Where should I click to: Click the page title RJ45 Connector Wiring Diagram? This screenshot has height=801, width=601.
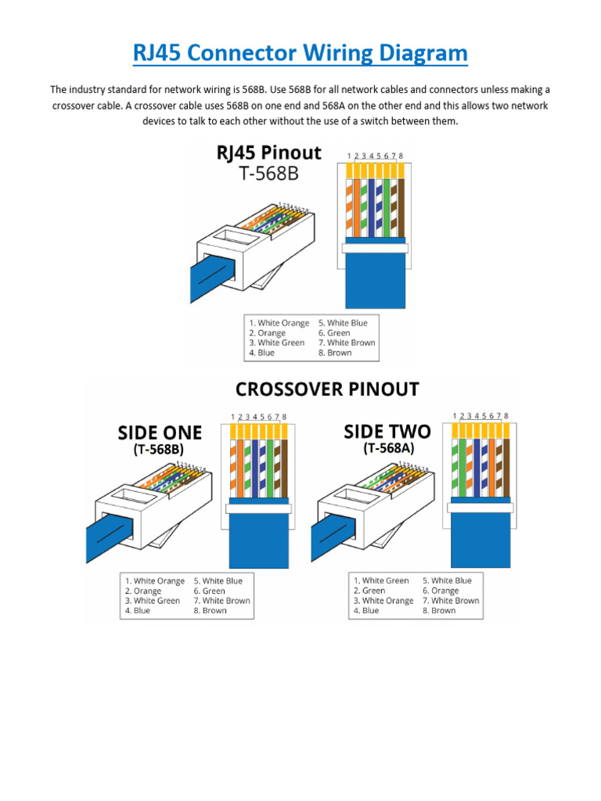pos(300,54)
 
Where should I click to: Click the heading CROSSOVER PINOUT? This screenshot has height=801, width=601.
pos(327,389)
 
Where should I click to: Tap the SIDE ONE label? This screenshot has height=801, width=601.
pos(160,433)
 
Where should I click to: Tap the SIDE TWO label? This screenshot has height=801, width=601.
pos(387,432)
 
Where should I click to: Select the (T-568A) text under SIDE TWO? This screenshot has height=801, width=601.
pos(387,448)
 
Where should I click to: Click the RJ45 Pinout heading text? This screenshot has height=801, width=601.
pos(269,153)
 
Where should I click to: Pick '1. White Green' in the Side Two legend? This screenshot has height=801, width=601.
pos(381,580)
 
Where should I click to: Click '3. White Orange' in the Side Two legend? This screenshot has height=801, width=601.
pos(383,601)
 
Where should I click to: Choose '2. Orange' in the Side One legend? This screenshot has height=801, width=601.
pos(142,591)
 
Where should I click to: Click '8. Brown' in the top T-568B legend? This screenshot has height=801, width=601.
pos(335,353)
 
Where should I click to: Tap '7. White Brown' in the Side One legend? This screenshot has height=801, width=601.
pos(221,601)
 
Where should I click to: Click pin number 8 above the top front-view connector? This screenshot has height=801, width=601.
pos(401,156)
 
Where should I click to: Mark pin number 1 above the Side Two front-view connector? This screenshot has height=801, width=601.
pos(455,415)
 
